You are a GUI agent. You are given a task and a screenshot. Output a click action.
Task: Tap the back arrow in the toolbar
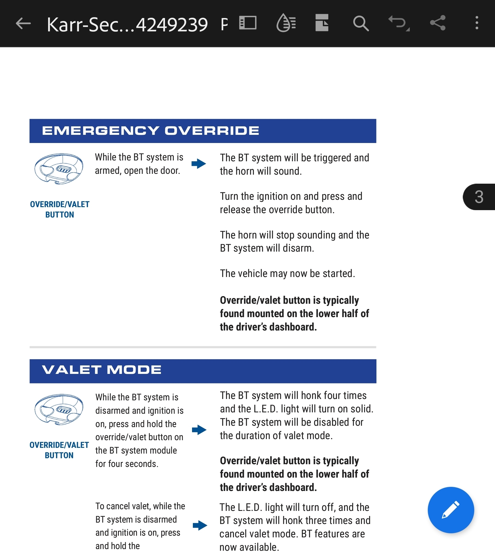coord(23,23)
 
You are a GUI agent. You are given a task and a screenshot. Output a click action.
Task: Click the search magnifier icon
coord(361,23)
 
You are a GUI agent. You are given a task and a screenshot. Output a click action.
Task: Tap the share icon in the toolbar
coord(438,23)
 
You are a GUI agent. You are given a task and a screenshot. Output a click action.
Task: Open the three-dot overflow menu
coord(477,23)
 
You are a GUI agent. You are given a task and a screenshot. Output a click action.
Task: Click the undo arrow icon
coord(398,23)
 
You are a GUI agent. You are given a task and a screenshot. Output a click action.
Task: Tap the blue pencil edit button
coord(450,510)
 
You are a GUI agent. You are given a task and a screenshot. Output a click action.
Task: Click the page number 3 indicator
coord(479,197)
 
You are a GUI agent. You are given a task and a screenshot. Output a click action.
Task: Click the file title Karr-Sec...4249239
coord(127,25)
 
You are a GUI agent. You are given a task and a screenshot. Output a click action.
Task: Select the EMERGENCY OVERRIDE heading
coord(151,131)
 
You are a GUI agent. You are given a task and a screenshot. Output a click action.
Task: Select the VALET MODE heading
coord(102,370)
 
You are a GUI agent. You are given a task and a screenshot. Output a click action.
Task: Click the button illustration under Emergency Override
coord(59,169)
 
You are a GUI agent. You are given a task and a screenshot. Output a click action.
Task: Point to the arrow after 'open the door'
coord(199,164)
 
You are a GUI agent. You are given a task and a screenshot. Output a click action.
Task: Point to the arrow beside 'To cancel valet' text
coord(200,525)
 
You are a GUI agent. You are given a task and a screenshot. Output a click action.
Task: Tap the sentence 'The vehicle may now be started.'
coord(287,273)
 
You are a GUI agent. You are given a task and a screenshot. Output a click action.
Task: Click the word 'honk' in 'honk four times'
coord(313,395)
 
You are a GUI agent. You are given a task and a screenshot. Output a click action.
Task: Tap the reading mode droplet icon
coord(286,23)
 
